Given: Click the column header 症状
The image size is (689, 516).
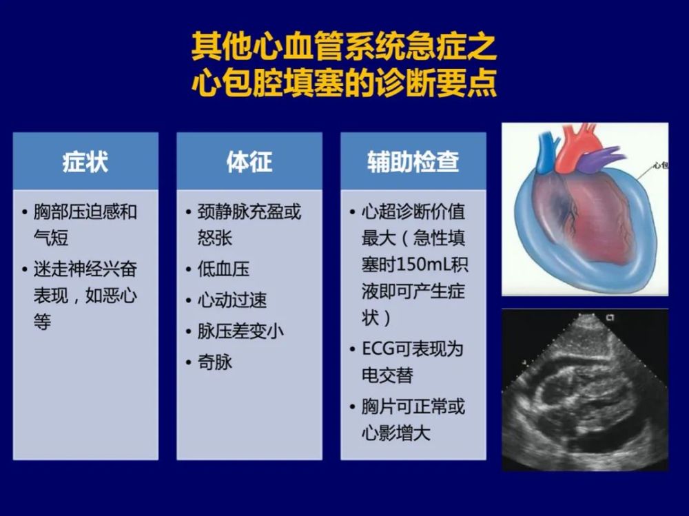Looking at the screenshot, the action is [85, 162].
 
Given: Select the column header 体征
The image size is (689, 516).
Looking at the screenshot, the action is [249, 162].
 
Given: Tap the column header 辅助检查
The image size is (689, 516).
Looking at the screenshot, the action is [413, 162].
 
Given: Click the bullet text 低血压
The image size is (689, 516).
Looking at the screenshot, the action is [223, 269].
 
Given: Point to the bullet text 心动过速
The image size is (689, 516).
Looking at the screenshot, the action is [232, 300].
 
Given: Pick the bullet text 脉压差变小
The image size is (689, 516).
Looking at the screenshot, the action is [240, 331].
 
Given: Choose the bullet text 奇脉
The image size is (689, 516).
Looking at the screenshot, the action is [215, 362].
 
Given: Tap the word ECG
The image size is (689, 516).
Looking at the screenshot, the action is [378, 349].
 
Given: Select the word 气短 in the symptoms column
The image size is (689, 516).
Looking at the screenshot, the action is [51, 238].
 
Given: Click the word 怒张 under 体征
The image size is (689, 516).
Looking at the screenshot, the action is [215, 238].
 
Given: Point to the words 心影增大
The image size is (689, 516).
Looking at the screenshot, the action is [396, 433].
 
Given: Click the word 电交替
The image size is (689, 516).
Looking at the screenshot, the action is [387, 375].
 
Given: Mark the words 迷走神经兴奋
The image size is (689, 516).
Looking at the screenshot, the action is [85, 269].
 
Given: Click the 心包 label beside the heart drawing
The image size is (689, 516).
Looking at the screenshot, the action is [661, 166].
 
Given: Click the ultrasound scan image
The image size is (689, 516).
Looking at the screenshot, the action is [585, 391].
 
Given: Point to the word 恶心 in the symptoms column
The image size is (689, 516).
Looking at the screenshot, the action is [120, 296].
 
